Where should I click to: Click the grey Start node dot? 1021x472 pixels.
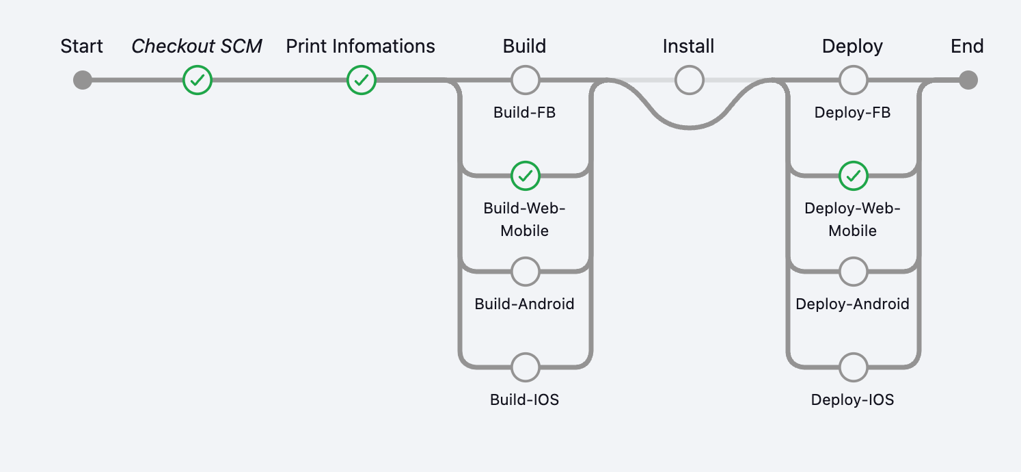click(x=83, y=80)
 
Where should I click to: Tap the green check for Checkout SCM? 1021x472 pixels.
click(x=198, y=80)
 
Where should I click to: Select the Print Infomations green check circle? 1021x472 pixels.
click(x=361, y=80)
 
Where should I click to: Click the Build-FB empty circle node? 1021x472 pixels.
click(x=525, y=80)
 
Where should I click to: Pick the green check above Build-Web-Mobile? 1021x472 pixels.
click(x=525, y=176)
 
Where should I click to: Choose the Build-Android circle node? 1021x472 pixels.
click(x=525, y=272)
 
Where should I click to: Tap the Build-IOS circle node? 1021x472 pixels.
click(x=525, y=367)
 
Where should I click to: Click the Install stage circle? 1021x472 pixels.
click(x=689, y=80)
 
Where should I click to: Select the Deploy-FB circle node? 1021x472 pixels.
click(x=853, y=80)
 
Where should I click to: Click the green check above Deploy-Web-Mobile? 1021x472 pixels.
click(x=853, y=176)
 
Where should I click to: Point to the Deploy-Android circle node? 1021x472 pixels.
click(x=853, y=272)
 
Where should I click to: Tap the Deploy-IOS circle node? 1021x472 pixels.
click(x=853, y=367)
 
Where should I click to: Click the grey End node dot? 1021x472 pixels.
click(x=968, y=80)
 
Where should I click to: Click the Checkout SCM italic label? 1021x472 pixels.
click(x=197, y=47)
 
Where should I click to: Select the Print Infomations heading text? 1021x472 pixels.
click(x=360, y=47)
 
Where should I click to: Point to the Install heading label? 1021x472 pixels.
click(x=688, y=47)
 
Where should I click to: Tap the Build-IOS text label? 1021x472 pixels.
click(x=525, y=399)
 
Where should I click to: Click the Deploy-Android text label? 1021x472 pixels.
click(x=852, y=304)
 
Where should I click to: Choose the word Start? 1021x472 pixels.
click(x=82, y=47)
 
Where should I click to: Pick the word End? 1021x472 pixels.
click(x=967, y=47)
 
